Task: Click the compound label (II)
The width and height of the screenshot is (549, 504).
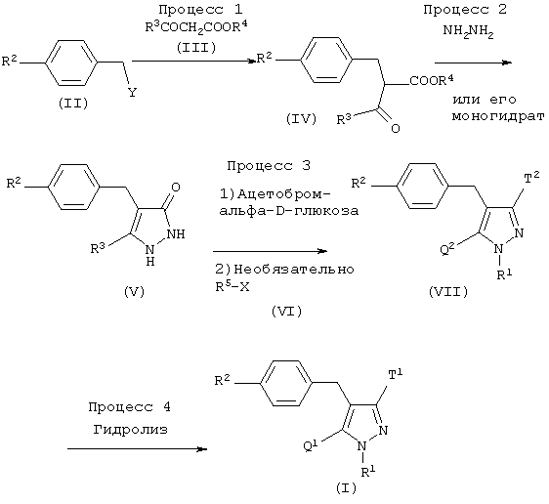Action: [x=73, y=104]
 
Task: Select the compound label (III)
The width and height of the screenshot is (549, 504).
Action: [x=196, y=47]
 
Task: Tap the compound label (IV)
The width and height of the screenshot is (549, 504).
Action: [x=301, y=119]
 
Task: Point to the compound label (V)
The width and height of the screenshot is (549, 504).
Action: [x=134, y=291]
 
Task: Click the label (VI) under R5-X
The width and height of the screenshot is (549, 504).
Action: [x=286, y=311]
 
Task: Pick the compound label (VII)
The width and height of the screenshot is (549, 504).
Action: [x=448, y=291]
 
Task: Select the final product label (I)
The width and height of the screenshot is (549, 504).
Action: [x=346, y=488]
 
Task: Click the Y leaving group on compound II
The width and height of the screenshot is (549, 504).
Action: [x=132, y=93]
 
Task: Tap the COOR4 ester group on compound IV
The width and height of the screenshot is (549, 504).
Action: [x=432, y=80]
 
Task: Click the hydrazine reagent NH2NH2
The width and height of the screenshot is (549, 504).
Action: [x=469, y=31]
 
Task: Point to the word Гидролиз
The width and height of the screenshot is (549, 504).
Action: [x=131, y=429]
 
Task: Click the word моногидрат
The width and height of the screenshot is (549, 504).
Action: [x=498, y=116]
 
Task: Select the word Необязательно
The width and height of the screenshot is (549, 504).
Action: [x=293, y=270]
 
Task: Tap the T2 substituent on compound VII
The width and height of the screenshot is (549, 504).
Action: [x=531, y=179]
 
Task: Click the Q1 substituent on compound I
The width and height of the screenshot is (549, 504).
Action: [x=311, y=446]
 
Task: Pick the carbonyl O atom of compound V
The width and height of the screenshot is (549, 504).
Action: [x=176, y=188]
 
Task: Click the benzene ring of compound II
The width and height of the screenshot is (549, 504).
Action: [x=71, y=63]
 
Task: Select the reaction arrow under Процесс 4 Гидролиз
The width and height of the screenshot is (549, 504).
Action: [x=137, y=449]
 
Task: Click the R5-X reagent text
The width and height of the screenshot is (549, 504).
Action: [x=232, y=287]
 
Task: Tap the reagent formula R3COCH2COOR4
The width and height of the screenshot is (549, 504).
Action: [x=196, y=27]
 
